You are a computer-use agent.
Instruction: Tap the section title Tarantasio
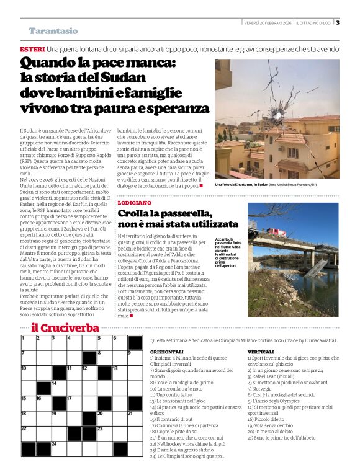[53, 31]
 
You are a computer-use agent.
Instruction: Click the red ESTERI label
[32, 48]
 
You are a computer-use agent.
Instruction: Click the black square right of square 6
[135, 342]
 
